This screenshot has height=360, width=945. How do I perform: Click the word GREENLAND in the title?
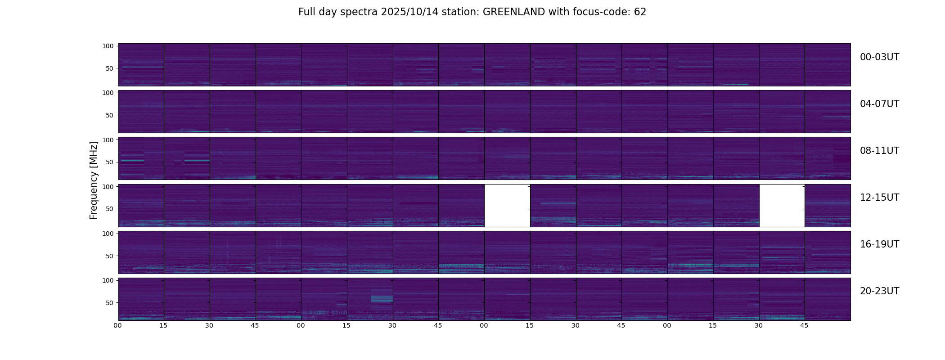click(513, 12)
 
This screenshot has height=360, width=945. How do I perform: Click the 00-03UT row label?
click(879, 57)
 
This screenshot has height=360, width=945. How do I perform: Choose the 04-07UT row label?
click(879, 104)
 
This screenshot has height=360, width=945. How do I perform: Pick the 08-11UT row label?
click(879, 151)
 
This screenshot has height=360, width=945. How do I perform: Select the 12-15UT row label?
click(879, 198)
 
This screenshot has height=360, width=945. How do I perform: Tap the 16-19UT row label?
click(879, 244)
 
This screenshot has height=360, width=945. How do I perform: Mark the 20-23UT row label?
click(879, 291)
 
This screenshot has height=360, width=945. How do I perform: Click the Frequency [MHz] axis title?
click(94, 180)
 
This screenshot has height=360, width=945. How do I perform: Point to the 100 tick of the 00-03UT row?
click(108, 46)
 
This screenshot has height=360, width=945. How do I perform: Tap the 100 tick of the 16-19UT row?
click(108, 234)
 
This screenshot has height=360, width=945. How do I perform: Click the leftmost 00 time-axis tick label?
click(118, 325)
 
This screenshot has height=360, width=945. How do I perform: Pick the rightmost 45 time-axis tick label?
click(804, 325)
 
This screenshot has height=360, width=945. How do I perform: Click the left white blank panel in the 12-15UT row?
click(507, 205)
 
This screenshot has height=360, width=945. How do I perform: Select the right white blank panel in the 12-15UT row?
click(782, 205)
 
